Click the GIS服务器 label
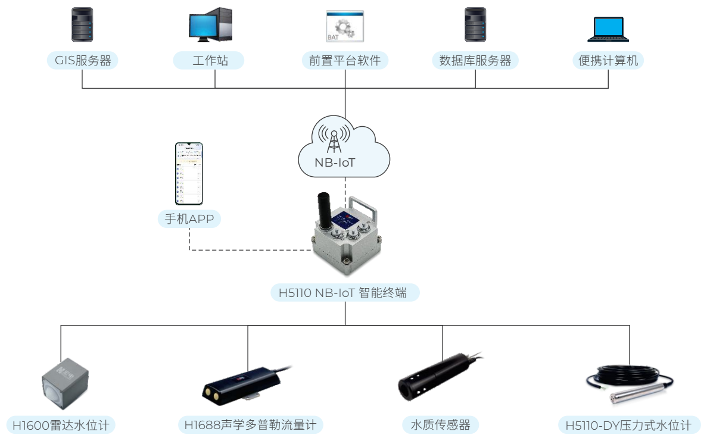coord(82,60)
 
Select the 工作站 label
coord(210,60)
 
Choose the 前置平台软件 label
coord(345,60)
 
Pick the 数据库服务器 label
coord(475,60)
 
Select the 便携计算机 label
coord(608,60)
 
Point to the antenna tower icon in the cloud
coord(334,139)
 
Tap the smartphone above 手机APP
coord(189,173)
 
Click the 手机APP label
coord(189,219)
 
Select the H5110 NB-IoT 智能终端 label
coord(345,292)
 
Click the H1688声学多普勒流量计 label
coord(251,425)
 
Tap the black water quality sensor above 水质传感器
coord(435,378)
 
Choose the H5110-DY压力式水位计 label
coord(629,425)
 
